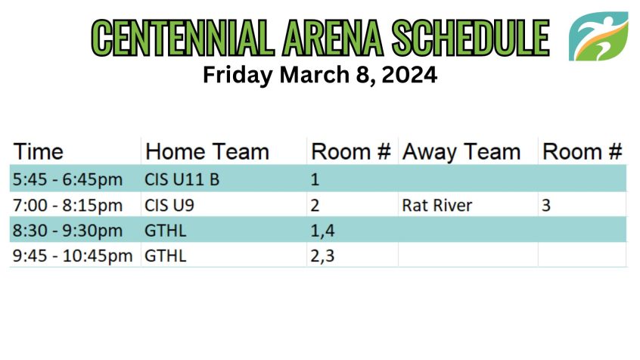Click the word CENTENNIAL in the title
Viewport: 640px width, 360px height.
tap(183, 38)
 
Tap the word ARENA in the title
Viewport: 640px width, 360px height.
tap(333, 38)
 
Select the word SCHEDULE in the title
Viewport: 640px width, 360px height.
tap(471, 38)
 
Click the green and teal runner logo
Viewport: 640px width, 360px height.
tap(598, 36)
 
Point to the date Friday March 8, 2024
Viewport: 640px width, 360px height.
tap(320, 75)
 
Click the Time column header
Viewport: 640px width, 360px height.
tap(39, 152)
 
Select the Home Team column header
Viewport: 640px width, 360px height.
tap(207, 152)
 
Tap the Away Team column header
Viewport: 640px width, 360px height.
tap(461, 152)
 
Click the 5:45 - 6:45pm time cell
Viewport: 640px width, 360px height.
tap(68, 179)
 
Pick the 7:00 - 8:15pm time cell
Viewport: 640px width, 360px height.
tap(68, 205)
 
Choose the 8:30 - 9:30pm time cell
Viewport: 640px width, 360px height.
tap(68, 231)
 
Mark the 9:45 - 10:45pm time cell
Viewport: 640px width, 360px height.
tap(73, 256)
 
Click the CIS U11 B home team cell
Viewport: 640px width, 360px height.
tap(182, 179)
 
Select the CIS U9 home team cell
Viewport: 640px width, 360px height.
tap(169, 205)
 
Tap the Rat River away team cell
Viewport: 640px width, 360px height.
tap(437, 205)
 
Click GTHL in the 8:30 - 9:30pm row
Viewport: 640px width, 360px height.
tap(166, 231)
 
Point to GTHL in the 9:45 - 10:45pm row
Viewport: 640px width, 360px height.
tap(166, 256)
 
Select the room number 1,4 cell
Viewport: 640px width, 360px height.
tap(322, 231)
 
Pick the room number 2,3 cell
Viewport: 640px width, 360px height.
tap(322, 256)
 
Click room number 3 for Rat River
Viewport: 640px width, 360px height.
tap(546, 205)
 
